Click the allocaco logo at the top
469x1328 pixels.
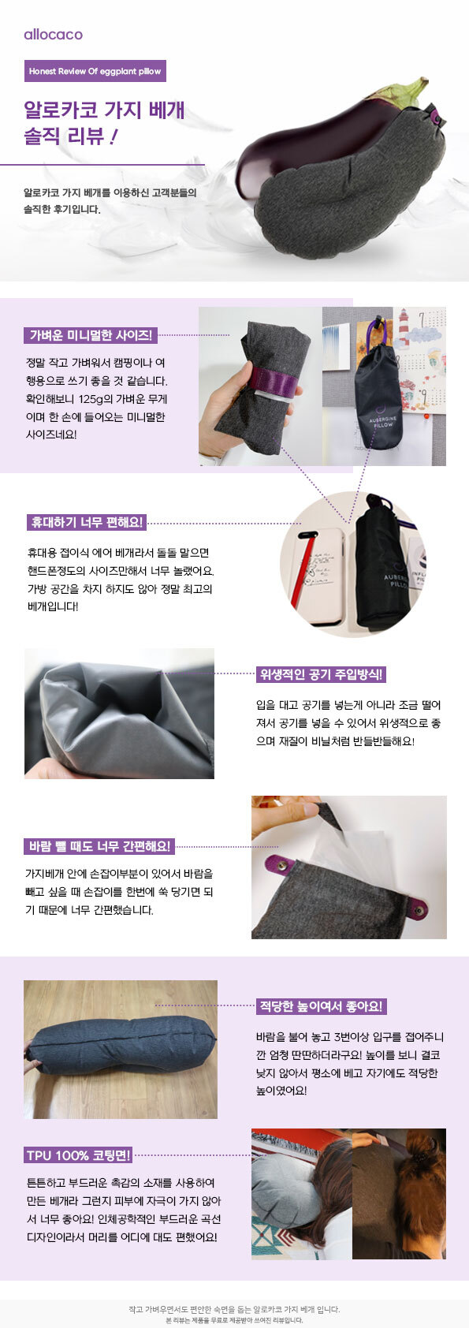[x=54, y=35]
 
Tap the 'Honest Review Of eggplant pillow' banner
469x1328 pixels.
[x=95, y=71]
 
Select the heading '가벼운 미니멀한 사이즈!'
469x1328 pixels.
[x=91, y=336]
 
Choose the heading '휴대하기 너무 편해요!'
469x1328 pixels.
[x=87, y=522]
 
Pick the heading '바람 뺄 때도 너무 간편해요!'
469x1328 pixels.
[x=99, y=846]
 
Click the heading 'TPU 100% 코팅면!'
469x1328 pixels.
[x=78, y=1155]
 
